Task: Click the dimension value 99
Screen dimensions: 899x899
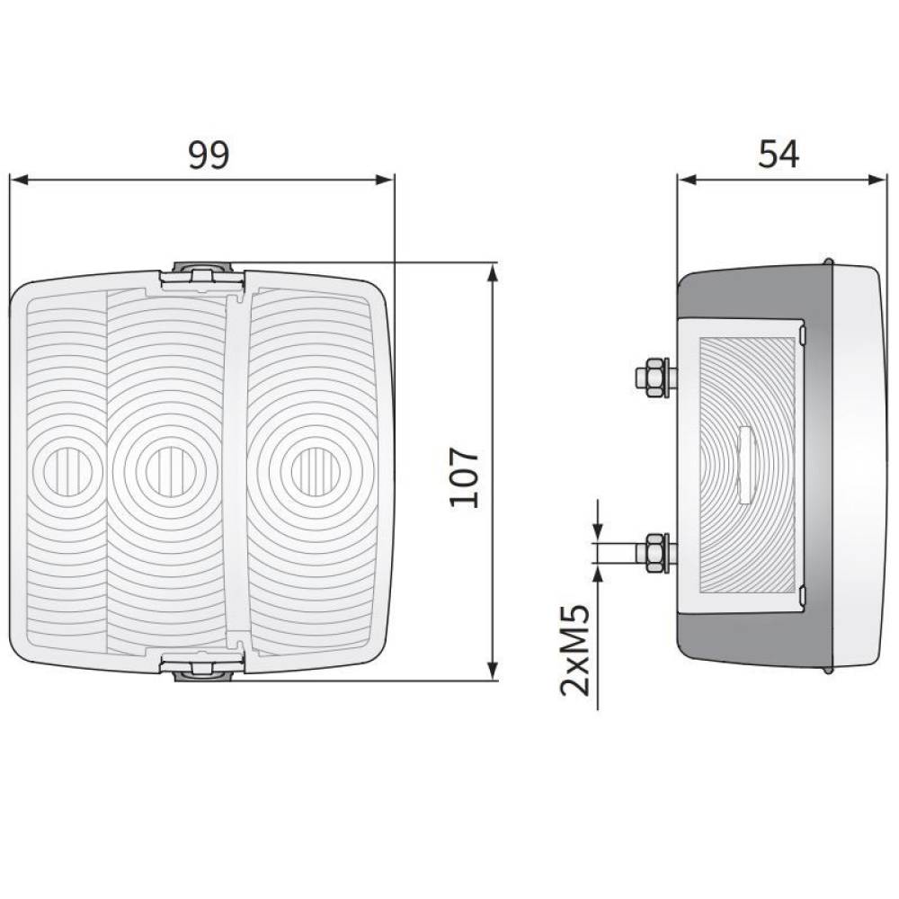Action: tap(209, 155)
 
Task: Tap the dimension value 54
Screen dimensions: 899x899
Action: tap(778, 155)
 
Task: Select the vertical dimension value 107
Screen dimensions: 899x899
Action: tap(464, 477)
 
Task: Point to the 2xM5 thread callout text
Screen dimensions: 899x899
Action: tap(574, 650)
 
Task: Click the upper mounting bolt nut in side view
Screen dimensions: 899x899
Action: tap(654, 377)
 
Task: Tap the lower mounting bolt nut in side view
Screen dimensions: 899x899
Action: tap(654, 552)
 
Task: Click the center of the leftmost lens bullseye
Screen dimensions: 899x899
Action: tap(67, 472)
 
